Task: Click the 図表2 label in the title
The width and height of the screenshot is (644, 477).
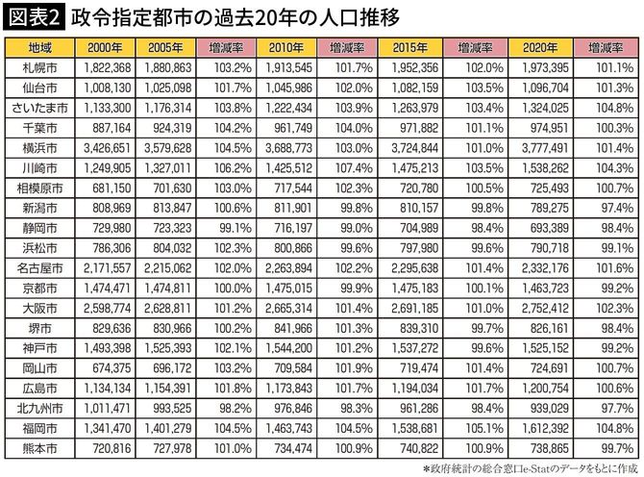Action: tap(32, 18)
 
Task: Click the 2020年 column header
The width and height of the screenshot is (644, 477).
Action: tap(538, 47)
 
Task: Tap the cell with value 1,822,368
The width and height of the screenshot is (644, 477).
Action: tap(103, 67)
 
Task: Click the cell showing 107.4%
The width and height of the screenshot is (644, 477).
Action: tap(356, 168)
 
